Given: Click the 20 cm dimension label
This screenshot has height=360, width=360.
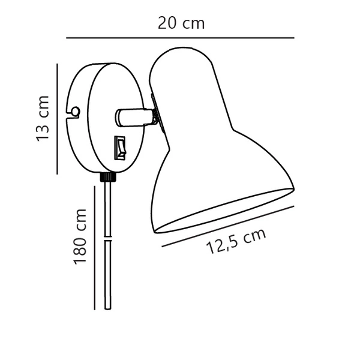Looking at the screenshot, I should pyautogui.click(x=181, y=23).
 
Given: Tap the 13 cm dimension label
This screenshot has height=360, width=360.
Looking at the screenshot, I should pyautogui.click(x=43, y=118).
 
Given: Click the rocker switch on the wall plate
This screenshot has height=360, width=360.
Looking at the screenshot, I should pyautogui.click(x=121, y=148).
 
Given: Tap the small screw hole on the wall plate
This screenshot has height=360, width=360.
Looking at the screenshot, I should pyautogui.click(x=75, y=111).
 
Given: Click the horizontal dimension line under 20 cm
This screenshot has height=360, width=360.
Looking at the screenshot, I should pyautogui.click(x=180, y=38).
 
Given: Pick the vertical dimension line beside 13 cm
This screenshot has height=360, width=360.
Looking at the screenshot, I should pyautogui.click(x=57, y=118).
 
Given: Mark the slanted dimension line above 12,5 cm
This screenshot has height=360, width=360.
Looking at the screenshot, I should pyautogui.click(x=228, y=226).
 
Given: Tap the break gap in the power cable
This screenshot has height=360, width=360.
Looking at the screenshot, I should pyautogui.click(x=107, y=239).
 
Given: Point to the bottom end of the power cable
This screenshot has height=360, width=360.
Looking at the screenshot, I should pyautogui.click(x=107, y=307).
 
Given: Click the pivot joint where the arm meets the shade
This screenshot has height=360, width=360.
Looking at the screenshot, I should pyautogui.click(x=154, y=115).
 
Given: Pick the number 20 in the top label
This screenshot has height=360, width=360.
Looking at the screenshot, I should pyautogui.click(x=167, y=23).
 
